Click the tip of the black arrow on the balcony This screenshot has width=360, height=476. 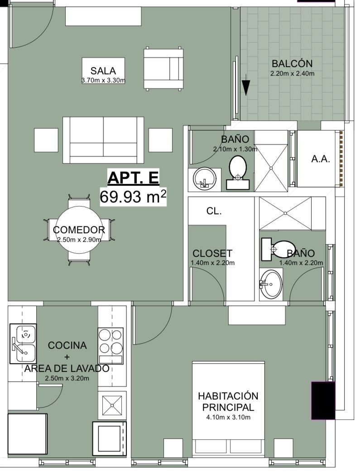tap(246, 95)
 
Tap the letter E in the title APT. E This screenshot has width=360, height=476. tap(153, 178)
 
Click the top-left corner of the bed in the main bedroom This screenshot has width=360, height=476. tap(192, 361)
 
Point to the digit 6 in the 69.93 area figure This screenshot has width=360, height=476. tap(105, 197)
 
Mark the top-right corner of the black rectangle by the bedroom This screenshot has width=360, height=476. tap(335, 382)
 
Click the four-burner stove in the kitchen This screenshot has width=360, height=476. tap(110, 346)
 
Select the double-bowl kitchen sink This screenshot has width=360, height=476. tap(23, 344)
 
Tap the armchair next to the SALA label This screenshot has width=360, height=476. tap(163, 68)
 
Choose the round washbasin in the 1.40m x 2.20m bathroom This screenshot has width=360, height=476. tap(271, 284)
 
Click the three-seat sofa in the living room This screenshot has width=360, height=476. tap(103, 140)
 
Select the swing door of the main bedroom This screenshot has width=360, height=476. tap(153, 326)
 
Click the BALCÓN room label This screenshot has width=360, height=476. tap(292, 64)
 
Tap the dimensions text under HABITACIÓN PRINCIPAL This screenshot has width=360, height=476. tap(228, 418)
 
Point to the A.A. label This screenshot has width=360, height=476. tap(321, 159)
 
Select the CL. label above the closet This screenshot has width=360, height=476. tap(214, 211)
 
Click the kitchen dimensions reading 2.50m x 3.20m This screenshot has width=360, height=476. tap(67, 379)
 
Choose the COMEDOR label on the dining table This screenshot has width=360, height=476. tap(79, 230)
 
